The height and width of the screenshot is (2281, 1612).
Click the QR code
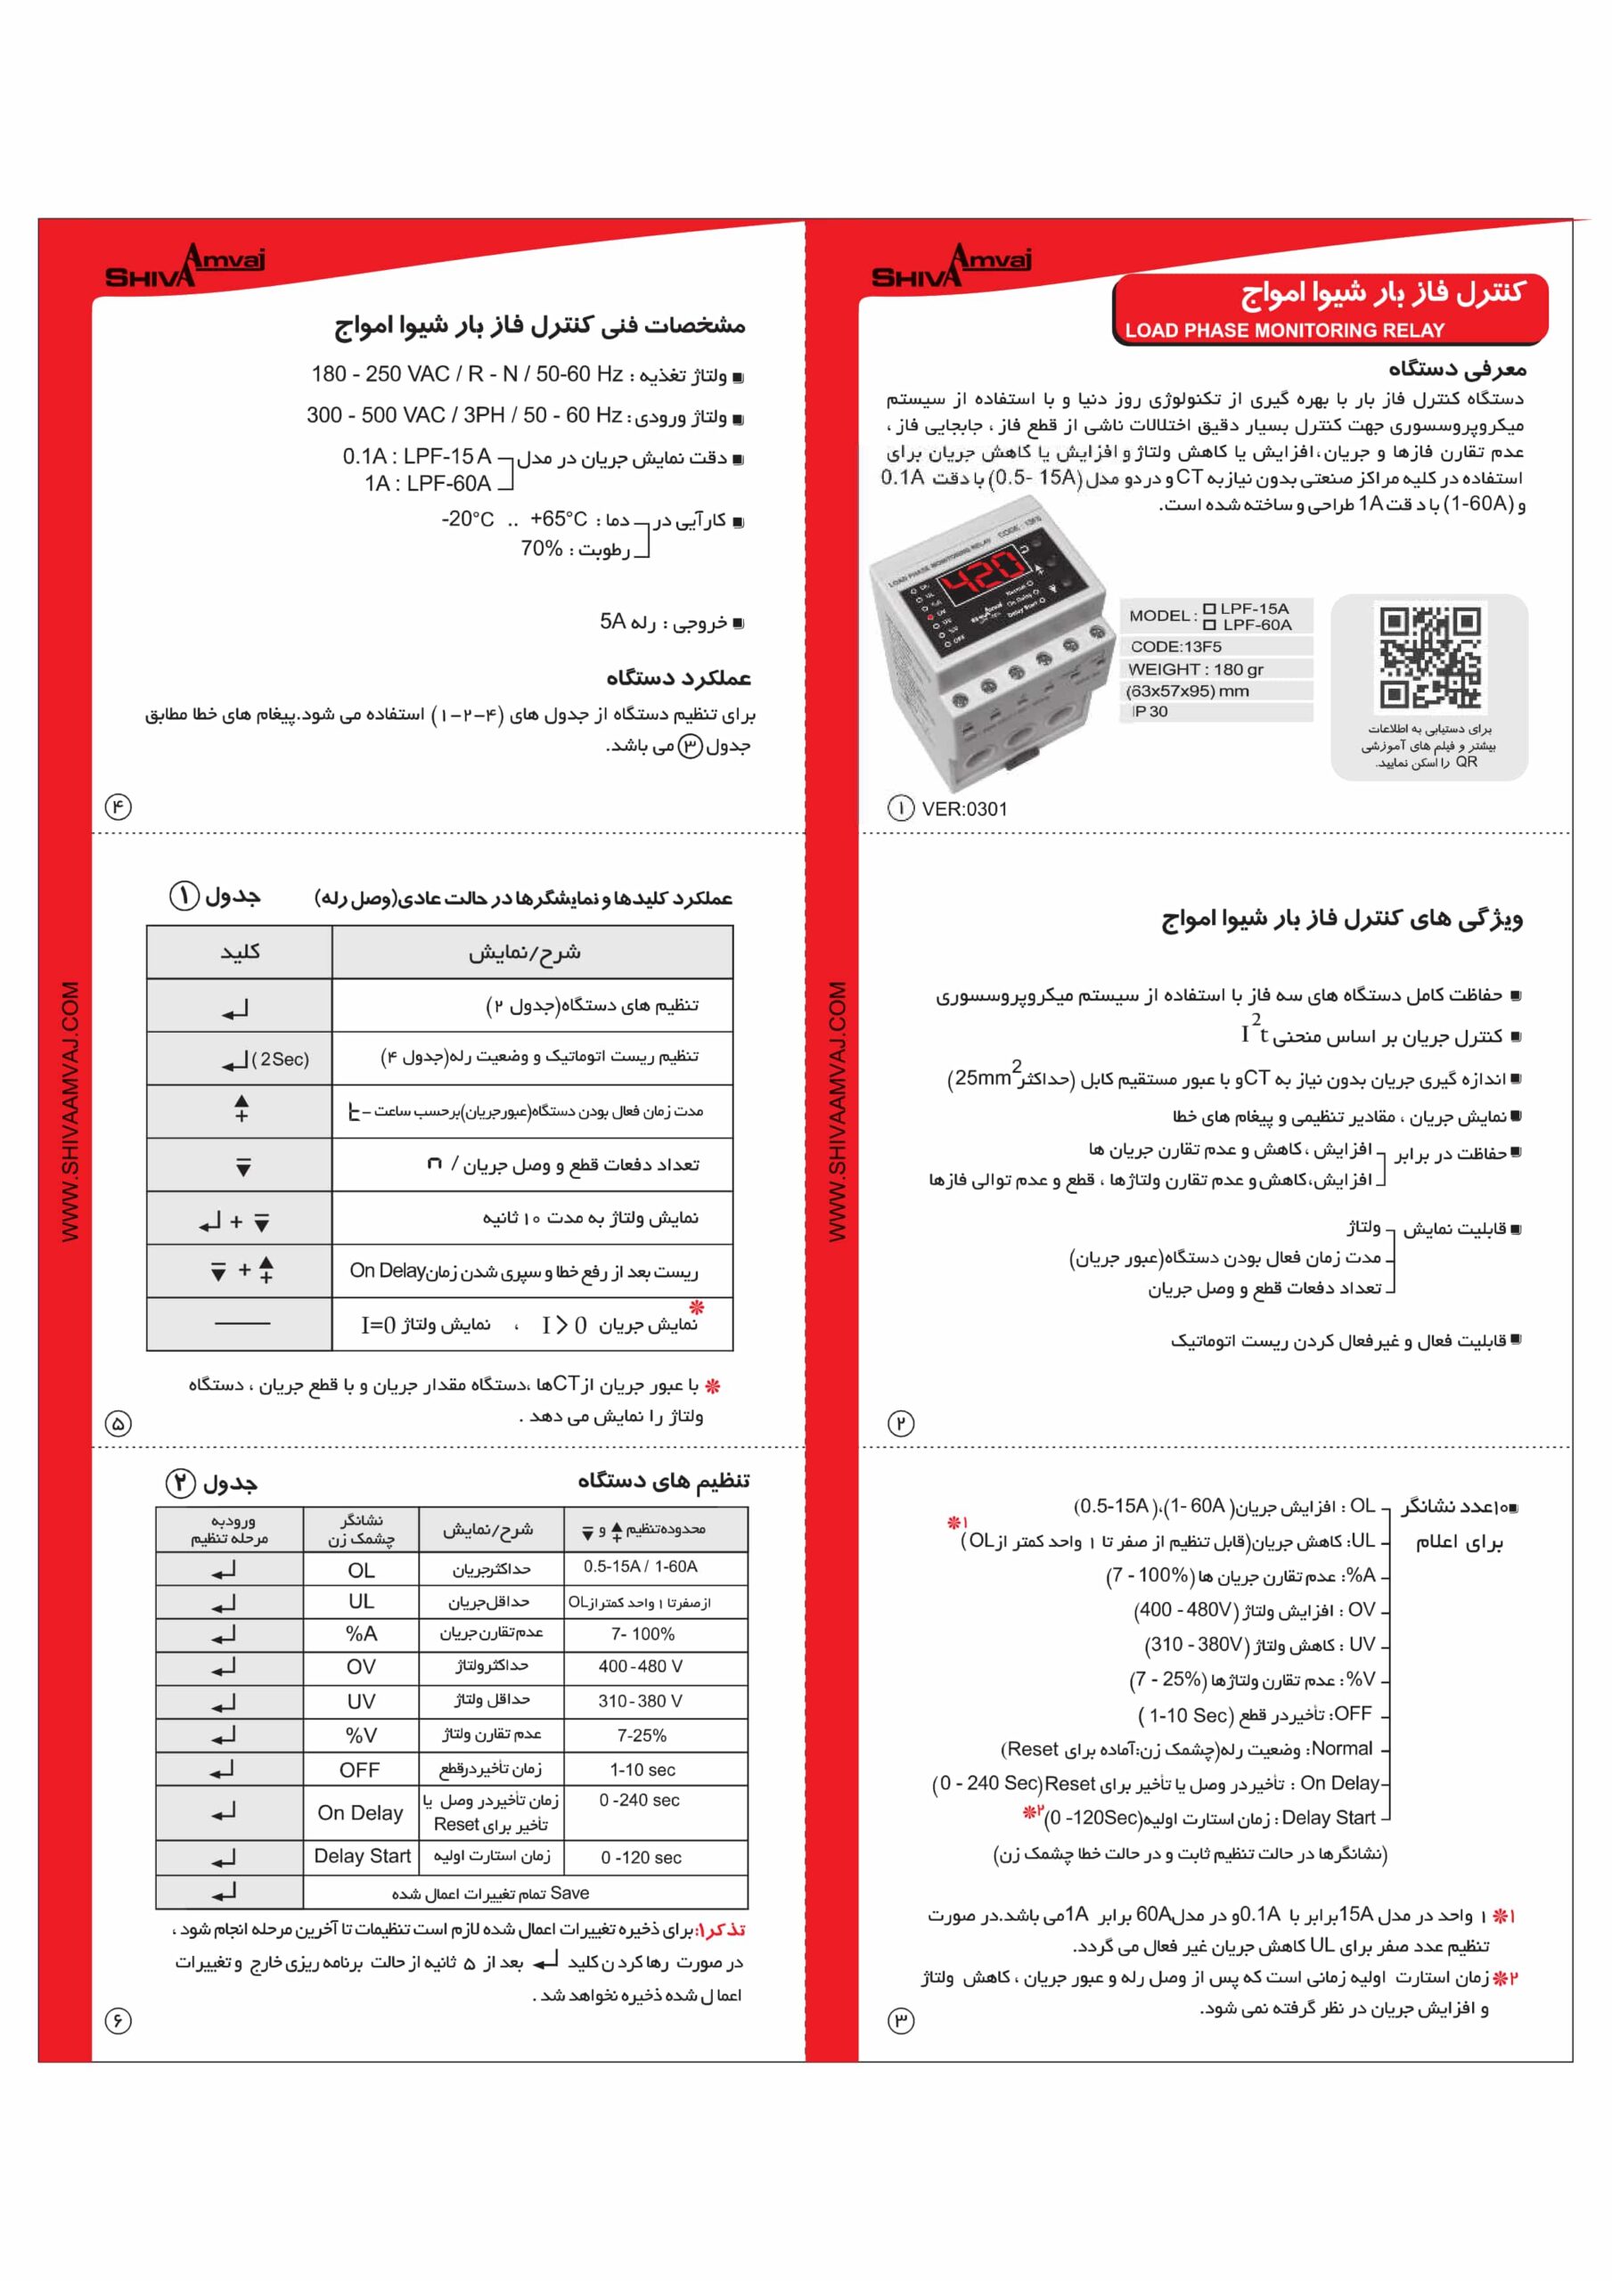point(1429,657)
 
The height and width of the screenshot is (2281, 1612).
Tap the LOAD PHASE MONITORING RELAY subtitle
point(1284,330)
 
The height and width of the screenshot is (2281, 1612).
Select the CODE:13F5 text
point(1175,647)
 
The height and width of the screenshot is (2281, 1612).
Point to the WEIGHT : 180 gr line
point(1196,668)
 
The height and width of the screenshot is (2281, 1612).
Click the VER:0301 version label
point(964,809)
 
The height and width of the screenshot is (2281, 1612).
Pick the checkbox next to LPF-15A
point(1208,609)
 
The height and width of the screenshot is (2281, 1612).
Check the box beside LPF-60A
point(1208,625)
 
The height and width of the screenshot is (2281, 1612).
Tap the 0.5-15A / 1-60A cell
point(641,1566)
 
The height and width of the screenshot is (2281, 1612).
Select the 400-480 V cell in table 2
point(641,1666)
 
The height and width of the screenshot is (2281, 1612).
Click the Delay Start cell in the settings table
point(362,1856)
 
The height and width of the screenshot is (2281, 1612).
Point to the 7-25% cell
point(641,1735)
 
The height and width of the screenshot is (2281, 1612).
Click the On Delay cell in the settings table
point(361,1813)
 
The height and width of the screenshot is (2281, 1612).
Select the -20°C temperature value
point(468,519)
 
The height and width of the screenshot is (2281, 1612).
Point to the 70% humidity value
point(542,548)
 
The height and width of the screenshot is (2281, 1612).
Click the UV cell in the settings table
point(361,1701)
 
